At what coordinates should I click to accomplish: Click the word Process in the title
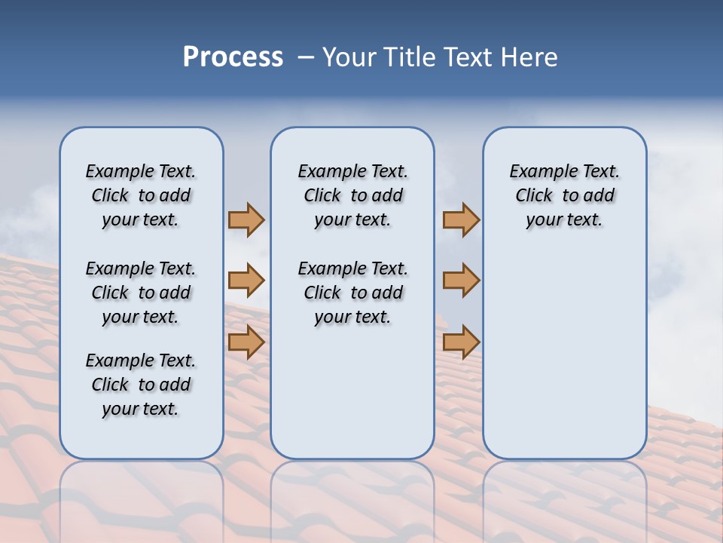233,57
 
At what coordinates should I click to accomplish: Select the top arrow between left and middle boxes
246,219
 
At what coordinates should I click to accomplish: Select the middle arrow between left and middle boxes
246,281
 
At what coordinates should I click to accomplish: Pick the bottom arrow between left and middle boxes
246,342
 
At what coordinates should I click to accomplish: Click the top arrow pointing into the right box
461,219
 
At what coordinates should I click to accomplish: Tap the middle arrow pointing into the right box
461,281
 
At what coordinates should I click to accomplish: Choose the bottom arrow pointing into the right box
461,342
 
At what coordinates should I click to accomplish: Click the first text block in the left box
141,195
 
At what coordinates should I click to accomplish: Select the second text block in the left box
141,293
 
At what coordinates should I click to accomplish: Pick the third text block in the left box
141,385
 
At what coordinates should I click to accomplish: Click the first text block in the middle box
352,195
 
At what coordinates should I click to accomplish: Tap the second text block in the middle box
352,293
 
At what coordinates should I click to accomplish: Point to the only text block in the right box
565,195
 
